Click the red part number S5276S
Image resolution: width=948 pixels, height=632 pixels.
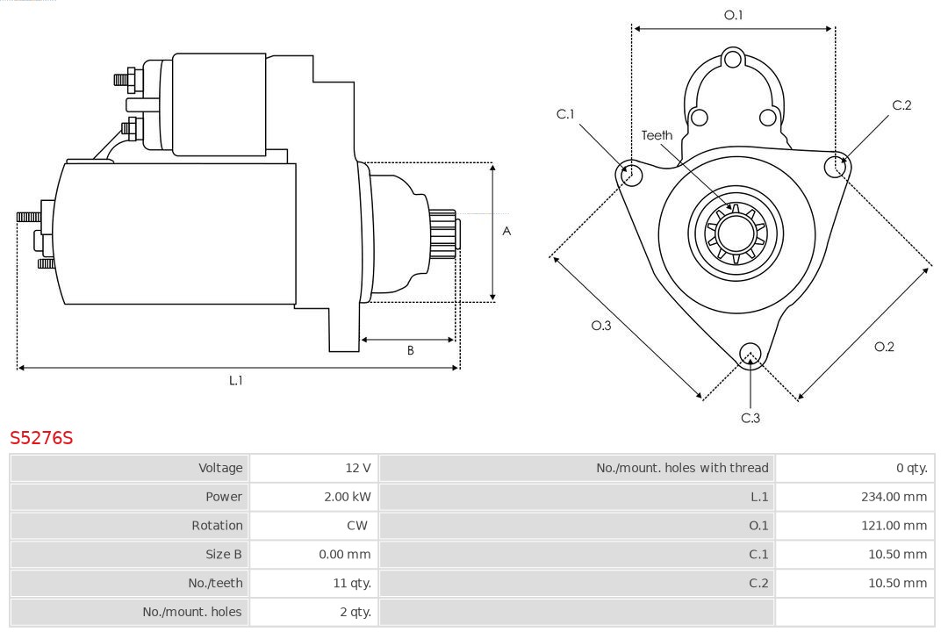(41, 437)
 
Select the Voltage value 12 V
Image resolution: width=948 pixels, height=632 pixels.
(357, 468)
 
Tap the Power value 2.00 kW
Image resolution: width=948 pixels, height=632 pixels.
(348, 497)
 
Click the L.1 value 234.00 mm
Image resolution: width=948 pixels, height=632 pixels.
(894, 497)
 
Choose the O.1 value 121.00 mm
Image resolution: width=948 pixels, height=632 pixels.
(894, 526)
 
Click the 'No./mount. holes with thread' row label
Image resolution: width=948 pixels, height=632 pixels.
(682, 468)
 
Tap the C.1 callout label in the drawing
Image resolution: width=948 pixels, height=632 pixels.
(565, 114)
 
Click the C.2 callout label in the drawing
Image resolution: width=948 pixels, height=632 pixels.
(901, 105)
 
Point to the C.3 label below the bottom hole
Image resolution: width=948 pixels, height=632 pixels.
(750, 418)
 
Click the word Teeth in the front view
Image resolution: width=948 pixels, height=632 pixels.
(657, 135)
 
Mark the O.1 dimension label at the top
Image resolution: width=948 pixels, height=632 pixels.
(733, 15)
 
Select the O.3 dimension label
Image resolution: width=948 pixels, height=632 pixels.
(600, 326)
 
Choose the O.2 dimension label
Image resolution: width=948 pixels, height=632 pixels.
(884, 347)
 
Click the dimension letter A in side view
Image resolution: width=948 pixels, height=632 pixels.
(506, 232)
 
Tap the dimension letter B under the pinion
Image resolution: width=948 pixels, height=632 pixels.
(410, 350)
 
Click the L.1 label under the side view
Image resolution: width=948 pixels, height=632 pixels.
(235, 380)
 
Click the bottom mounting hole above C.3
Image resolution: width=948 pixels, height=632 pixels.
(750, 354)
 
